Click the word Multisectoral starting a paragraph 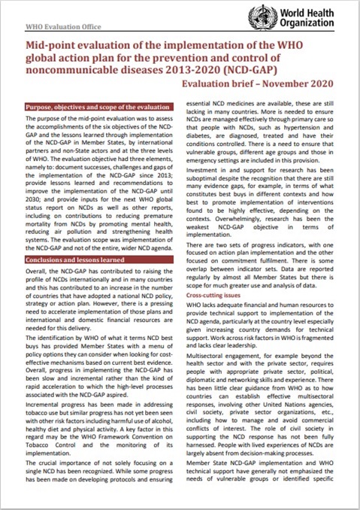[215, 349]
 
